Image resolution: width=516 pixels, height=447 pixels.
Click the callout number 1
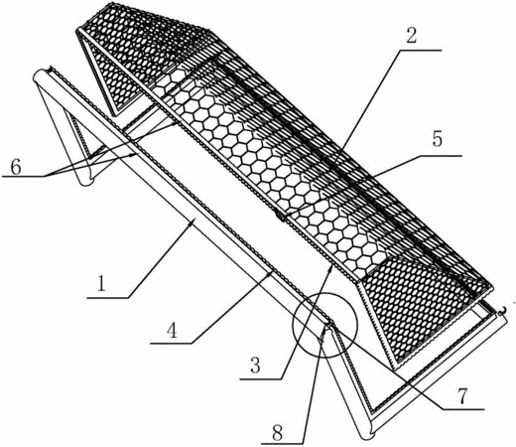101,284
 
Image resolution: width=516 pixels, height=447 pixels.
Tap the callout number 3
255,366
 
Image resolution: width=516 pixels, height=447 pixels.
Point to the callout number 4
172,330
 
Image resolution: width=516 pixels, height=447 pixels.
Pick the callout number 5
438,139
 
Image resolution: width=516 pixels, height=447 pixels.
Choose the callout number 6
16,167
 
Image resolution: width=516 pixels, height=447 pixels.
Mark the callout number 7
461,396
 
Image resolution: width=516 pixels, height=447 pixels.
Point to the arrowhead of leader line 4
271,272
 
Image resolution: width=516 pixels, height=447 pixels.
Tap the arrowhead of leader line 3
329,267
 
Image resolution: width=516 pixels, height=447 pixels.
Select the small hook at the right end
503,310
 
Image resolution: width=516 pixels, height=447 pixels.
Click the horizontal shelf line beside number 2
421,50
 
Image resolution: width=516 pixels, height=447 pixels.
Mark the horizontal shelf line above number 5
442,155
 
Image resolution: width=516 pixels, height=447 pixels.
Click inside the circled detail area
324,325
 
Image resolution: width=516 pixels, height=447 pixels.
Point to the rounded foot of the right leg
368,431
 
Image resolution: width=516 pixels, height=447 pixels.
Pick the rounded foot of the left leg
86,181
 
